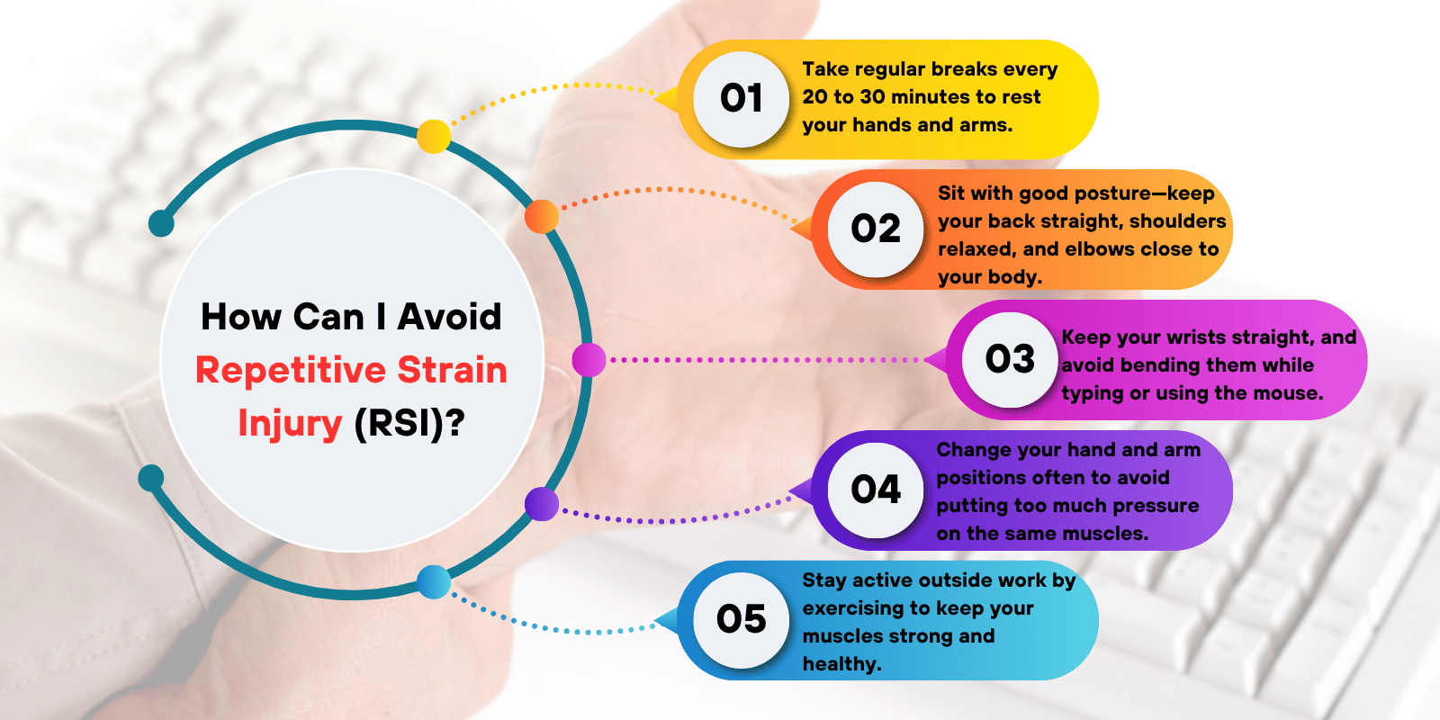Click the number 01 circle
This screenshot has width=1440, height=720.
(741, 99)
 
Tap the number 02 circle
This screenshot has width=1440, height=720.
(876, 229)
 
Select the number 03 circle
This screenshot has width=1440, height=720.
(1010, 360)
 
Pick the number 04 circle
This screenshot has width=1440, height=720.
(876, 490)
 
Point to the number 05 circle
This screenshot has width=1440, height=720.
(741, 620)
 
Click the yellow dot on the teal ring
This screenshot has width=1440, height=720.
(434, 137)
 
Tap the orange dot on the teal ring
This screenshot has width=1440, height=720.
(542, 217)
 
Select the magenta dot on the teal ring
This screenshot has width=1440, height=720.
(589, 360)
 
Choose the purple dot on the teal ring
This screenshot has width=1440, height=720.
(542, 504)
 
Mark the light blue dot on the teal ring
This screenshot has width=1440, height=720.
(434, 582)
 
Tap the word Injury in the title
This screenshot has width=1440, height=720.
(290, 424)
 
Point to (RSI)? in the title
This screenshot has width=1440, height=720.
(409, 424)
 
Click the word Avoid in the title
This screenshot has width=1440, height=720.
(450, 317)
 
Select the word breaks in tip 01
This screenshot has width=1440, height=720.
(963, 69)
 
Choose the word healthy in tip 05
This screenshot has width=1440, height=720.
(841, 664)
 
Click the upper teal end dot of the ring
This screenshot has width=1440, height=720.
(161, 223)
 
